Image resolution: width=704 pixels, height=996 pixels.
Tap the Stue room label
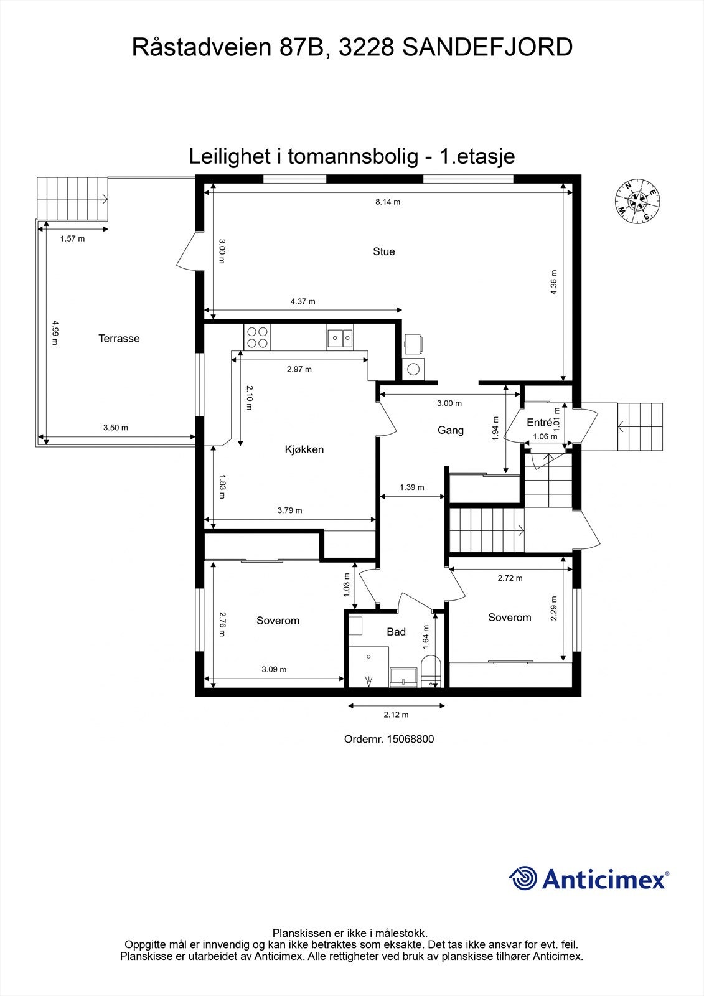tap(383, 251)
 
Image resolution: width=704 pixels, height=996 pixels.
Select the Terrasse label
tap(119, 339)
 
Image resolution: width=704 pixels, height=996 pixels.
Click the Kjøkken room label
tap(304, 449)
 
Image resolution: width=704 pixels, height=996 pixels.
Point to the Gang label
tap(450, 430)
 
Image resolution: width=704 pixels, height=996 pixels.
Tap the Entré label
tap(539, 423)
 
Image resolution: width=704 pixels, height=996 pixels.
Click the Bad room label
tap(396, 632)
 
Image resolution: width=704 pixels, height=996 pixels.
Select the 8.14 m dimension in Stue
tap(387, 202)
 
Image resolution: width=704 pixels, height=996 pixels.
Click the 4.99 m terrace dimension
tap(54, 332)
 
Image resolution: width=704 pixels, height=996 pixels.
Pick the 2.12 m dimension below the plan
tap(396, 715)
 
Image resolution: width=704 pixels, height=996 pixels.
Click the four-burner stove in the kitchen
tap(257, 337)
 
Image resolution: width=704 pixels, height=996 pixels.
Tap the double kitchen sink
tap(340, 338)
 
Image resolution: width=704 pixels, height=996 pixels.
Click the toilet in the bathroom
tap(431, 672)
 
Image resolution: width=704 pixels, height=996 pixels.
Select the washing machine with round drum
tap(413, 368)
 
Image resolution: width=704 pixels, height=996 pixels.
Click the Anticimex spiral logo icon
tap(523, 878)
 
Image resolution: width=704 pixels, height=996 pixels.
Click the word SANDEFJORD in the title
tap(487, 47)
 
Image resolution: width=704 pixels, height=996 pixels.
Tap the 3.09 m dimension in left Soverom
tap(274, 670)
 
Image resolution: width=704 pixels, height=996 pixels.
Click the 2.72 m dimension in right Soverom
tap(510, 578)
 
